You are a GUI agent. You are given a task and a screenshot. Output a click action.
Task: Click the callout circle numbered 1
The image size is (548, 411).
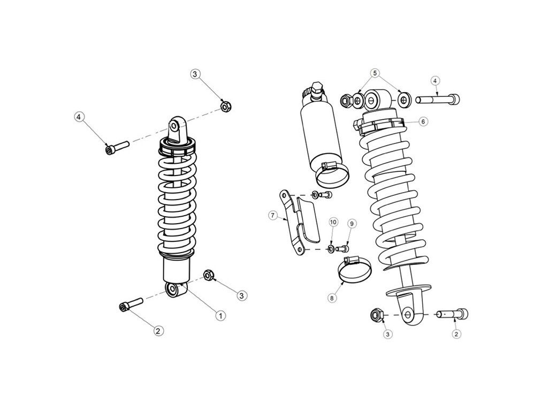[220, 316]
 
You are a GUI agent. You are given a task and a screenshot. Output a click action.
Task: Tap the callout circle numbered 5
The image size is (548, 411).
[375, 73]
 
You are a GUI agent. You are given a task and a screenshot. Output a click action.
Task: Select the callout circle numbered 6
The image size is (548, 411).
[423, 121]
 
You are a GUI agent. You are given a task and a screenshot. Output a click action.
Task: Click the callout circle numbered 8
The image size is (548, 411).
[332, 298]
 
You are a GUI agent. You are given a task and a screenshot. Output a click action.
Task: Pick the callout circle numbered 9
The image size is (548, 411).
[352, 223]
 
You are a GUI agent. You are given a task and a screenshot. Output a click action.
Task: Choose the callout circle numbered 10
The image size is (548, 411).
[333, 222]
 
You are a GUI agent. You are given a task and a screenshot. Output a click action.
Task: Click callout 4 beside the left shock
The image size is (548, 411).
[79, 117]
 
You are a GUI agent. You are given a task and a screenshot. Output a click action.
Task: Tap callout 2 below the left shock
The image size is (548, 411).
[158, 331]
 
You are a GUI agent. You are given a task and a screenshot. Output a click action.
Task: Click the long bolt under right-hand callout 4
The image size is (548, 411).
[438, 100]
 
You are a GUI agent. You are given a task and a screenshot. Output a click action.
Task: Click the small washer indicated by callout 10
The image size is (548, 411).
[330, 249]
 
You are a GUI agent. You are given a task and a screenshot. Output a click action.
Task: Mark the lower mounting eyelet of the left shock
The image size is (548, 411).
[174, 290]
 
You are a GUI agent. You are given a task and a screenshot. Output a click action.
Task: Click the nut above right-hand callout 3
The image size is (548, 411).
[376, 315]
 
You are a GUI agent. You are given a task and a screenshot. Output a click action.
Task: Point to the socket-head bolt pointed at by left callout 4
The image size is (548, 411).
[117, 147]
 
